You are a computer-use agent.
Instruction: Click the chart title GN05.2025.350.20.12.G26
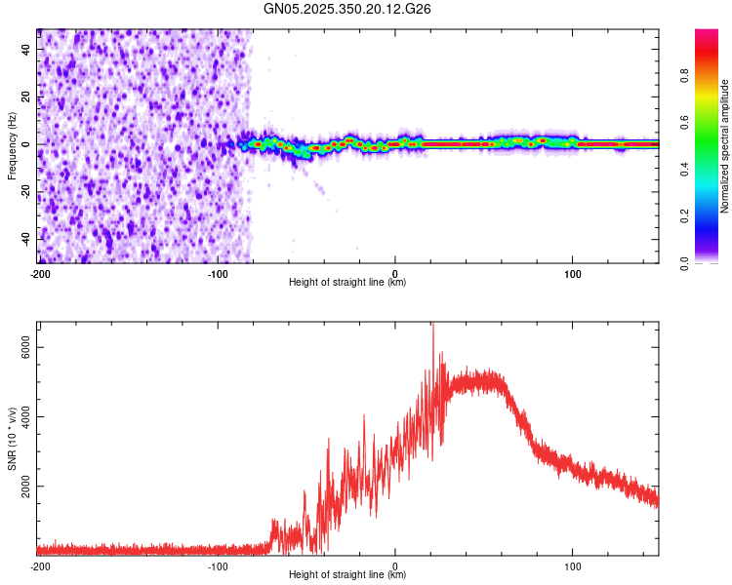click(x=348, y=9)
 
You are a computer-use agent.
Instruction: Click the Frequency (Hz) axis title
click(x=12, y=146)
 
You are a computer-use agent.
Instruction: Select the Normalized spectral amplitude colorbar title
click(x=724, y=146)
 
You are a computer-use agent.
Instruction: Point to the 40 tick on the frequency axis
click(x=26, y=50)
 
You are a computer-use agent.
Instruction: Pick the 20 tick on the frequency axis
click(x=26, y=97)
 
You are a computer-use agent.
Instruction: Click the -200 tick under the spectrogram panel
click(x=40, y=272)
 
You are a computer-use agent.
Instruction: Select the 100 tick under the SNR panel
click(x=573, y=565)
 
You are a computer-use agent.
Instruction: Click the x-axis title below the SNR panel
click(x=348, y=575)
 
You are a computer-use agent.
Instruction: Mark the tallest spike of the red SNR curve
click(x=433, y=326)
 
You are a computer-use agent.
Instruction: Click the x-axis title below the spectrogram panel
click(x=348, y=283)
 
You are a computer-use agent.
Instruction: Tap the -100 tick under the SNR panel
click(x=217, y=565)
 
